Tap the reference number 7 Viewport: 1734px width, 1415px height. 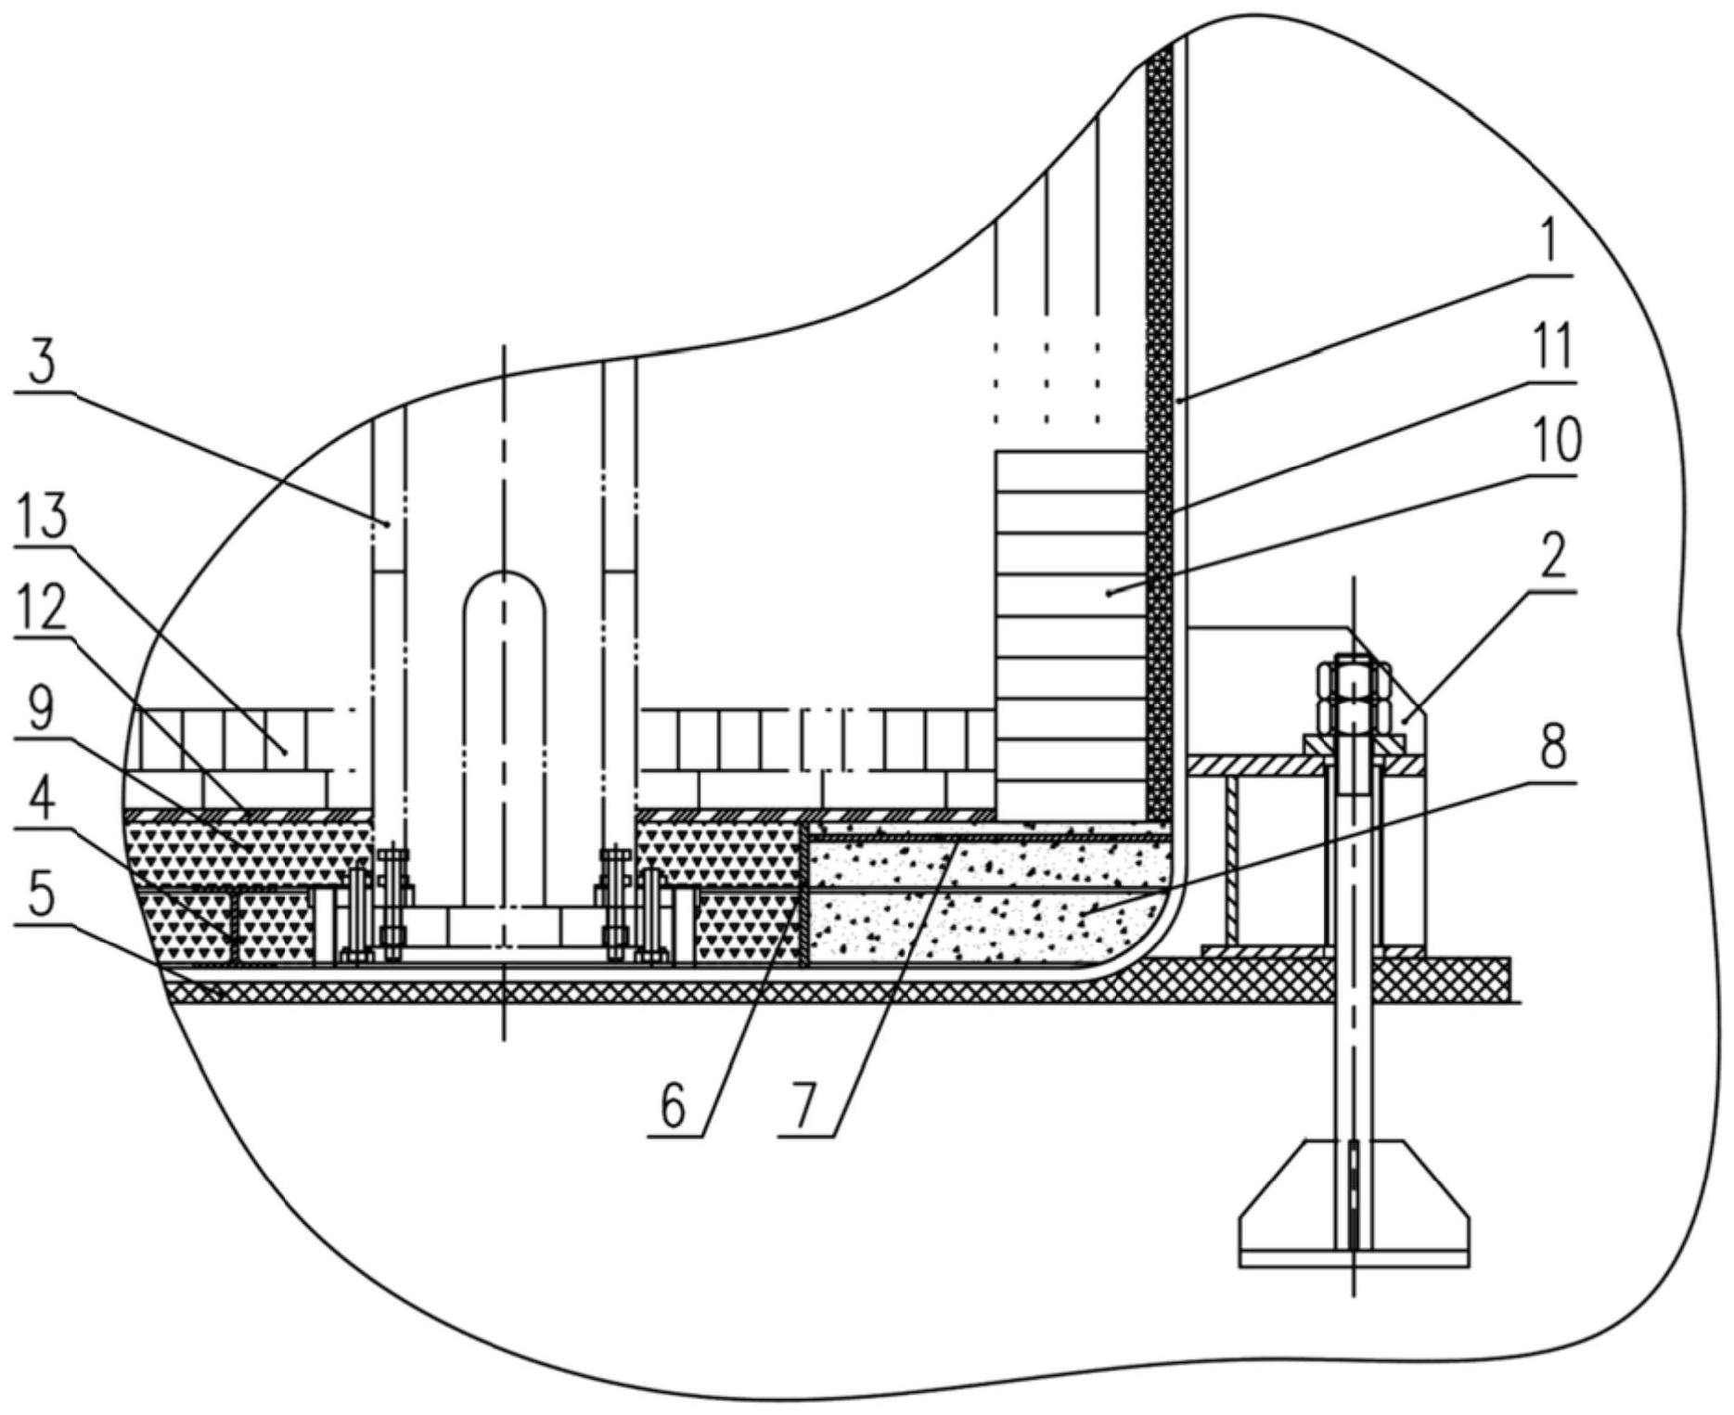[x=806, y=1105]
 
